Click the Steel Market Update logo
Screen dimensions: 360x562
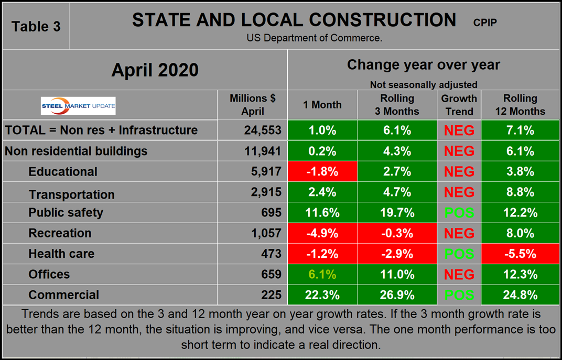click(79, 105)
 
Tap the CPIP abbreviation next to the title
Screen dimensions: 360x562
click(484, 23)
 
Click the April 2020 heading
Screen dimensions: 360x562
click(155, 70)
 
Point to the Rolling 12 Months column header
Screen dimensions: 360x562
click(520, 105)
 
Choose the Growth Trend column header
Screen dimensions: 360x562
click(459, 105)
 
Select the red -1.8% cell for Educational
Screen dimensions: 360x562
click(322, 172)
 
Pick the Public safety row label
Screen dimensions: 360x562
click(66, 213)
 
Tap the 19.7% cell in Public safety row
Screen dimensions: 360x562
click(397, 213)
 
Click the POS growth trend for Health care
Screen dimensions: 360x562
click(459, 254)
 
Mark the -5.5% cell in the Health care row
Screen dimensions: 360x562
click(520, 254)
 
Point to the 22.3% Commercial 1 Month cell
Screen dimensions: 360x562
click(322, 295)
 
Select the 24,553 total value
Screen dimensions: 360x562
click(262, 130)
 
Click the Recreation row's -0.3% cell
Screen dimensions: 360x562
click(397, 233)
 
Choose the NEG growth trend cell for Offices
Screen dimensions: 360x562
click(459, 275)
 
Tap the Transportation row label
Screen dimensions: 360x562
click(71, 194)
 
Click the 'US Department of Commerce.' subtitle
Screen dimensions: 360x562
click(315, 38)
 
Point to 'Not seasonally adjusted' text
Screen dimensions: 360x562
click(423, 84)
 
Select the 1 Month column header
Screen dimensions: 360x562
click(322, 105)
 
